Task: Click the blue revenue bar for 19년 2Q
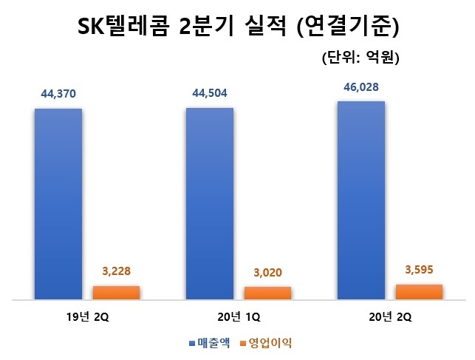[x=58, y=204]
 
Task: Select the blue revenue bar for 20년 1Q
[x=209, y=204]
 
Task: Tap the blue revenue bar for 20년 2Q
[x=360, y=200]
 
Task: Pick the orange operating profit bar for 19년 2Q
[x=116, y=293]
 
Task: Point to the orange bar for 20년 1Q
[x=267, y=293]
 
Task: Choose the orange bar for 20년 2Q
[x=419, y=292]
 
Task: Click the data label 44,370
[x=58, y=95]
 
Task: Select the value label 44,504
[x=210, y=94]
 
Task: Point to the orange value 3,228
[x=117, y=271]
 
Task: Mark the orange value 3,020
[x=267, y=273]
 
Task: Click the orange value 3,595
[x=419, y=270]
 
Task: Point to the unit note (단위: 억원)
[x=360, y=58]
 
